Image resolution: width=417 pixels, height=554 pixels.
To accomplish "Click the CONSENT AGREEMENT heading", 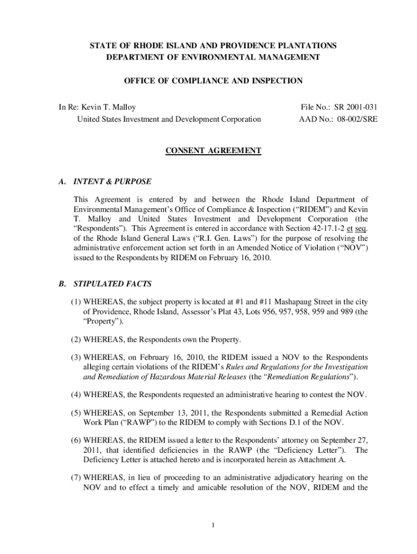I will pyautogui.click(x=213, y=151).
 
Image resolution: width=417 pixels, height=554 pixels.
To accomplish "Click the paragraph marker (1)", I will pyautogui.click(x=76, y=301).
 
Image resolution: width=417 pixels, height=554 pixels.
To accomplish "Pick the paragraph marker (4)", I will pyautogui.click(x=76, y=392).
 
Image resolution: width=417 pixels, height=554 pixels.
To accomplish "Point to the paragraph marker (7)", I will pyautogui.click(x=76, y=478).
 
